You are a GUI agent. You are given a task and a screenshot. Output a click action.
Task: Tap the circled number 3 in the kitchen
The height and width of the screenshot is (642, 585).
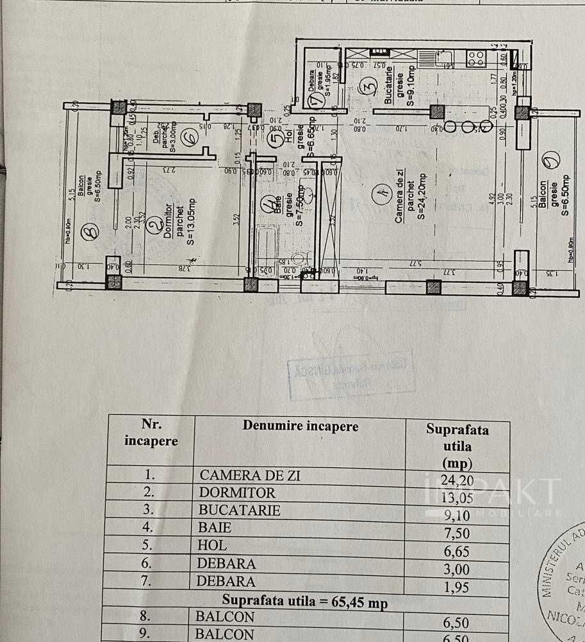click(368, 85)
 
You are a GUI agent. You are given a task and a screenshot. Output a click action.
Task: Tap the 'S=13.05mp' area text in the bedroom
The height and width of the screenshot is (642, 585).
click(191, 222)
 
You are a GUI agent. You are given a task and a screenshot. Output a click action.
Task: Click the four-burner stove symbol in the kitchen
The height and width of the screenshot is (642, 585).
click(476, 58)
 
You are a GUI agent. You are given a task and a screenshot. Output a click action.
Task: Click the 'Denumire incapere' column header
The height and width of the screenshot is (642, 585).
click(301, 426)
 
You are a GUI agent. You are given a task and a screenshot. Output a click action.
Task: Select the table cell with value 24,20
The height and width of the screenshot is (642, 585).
click(456, 478)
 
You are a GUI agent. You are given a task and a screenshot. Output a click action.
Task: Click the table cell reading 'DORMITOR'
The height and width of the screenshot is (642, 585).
click(237, 493)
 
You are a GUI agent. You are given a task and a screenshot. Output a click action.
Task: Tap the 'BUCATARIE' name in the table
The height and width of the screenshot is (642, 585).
click(240, 511)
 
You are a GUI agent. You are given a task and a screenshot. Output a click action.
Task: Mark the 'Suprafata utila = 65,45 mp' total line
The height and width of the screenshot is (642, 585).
click(304, 602)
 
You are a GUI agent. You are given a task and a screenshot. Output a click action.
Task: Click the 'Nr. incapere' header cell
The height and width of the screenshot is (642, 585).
click(151, 433)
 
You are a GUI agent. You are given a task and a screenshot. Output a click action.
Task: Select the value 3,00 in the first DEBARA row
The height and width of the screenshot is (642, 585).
click(456, 569)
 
